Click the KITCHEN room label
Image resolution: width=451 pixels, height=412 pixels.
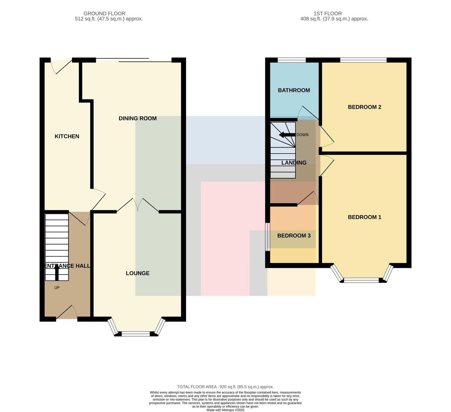67,136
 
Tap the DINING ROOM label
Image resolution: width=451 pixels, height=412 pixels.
138,118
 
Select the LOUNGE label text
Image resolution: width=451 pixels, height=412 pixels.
138,273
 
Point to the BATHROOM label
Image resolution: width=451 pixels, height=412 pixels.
294,90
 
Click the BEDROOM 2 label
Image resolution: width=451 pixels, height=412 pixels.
365,107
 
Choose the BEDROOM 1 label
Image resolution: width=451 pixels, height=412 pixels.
365,217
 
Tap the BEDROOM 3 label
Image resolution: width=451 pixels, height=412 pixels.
294,236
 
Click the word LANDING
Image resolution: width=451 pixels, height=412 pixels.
294,163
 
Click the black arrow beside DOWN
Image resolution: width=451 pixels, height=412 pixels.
287,135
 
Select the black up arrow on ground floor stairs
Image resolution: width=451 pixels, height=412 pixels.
57,273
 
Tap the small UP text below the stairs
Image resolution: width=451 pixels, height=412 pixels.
57,288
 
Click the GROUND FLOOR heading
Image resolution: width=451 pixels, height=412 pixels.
104,14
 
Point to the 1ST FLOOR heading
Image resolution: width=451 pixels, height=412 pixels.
328,14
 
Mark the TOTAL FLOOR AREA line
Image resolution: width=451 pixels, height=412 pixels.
225,387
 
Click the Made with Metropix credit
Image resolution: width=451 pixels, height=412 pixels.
225,410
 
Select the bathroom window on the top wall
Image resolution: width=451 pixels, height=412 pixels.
292,60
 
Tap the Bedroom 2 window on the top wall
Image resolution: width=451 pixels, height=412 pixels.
363,60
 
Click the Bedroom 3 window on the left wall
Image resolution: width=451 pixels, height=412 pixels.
268,236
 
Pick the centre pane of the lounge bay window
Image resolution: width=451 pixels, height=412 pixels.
136,334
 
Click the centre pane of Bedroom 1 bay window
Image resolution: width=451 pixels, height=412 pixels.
361,280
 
